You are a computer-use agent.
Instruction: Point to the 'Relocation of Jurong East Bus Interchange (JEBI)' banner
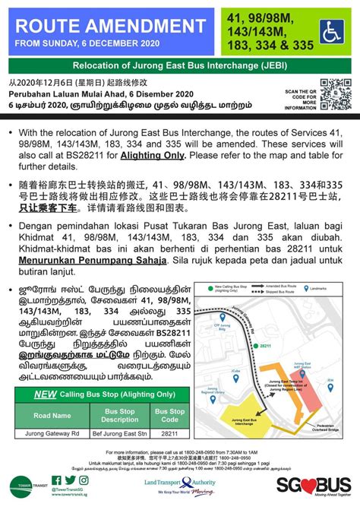179,65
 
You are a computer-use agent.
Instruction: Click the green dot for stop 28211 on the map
253,344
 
